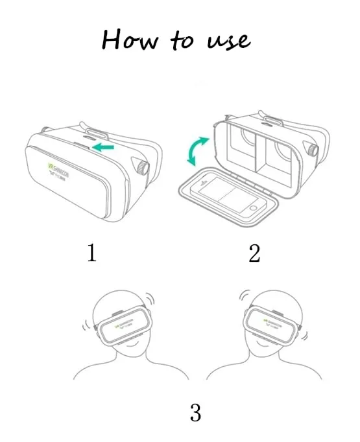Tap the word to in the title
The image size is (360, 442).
[182, 41]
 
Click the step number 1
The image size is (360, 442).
[91, 253]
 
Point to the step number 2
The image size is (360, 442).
[254, 253]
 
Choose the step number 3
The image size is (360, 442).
[195, 412]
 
